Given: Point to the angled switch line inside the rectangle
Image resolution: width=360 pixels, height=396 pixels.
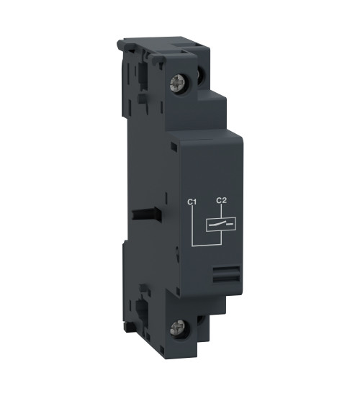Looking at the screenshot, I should (220, 224).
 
